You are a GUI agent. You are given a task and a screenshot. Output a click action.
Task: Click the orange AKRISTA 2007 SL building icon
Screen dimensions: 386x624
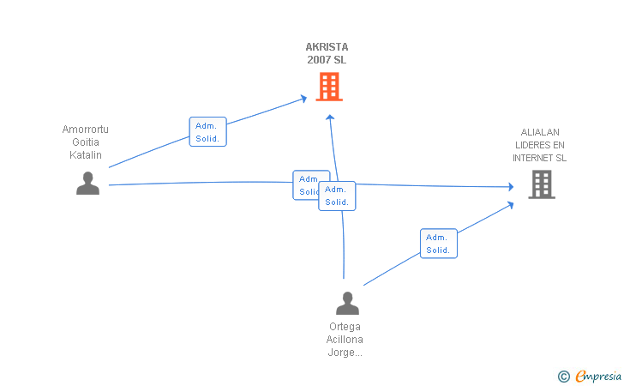(329, 87)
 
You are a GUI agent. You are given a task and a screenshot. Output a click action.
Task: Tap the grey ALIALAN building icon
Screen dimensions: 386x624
(541, 184)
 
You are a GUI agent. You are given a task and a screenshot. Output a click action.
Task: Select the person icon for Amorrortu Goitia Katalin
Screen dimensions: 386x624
(87, 184)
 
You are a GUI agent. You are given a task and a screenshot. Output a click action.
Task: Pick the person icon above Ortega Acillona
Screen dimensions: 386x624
(347, 304)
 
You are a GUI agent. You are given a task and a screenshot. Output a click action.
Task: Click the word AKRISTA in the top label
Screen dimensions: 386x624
(327, 47)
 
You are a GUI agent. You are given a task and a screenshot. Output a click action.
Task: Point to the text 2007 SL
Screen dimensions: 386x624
(327, 60)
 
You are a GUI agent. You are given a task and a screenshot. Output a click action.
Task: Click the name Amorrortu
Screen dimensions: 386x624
(86, 130)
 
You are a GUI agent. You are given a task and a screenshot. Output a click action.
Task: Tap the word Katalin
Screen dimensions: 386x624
(86, 155)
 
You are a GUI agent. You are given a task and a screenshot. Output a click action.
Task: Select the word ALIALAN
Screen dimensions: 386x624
(540, 132)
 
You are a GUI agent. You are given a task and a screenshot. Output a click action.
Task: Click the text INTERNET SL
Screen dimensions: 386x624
(540, 158)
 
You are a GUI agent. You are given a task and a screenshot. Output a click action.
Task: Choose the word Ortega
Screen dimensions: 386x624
(345, 327)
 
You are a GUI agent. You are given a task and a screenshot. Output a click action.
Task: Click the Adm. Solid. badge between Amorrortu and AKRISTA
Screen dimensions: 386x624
(207, 132)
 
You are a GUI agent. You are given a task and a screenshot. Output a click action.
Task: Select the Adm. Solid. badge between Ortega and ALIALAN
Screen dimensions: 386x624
(439, 244)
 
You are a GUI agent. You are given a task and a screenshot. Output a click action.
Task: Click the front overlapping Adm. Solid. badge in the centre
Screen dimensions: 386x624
(337, 196)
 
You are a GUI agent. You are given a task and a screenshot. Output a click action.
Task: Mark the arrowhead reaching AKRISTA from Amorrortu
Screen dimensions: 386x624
(303, 99)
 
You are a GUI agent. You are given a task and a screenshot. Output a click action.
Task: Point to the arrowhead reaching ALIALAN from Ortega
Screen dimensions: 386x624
(510, 204)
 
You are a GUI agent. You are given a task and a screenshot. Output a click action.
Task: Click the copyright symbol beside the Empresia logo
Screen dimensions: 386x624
(563, 376)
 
